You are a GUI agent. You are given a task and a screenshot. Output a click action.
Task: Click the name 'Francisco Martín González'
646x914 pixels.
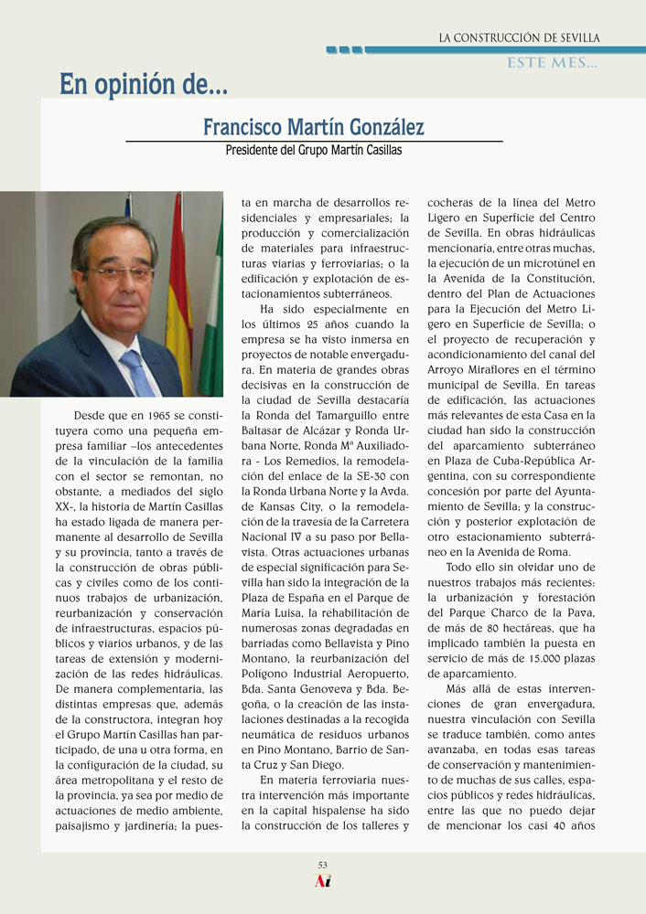pyautogui.click(x=314, y=126)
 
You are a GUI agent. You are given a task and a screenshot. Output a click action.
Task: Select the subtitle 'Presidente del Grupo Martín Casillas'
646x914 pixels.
pyautogui.click(x=314, y=150)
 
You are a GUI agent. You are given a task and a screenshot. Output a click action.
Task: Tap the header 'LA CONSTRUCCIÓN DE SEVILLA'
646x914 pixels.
pyautogui.click(x=519, y=37)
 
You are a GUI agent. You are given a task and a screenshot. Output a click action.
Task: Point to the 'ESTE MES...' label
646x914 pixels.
pyautogui.click(x=553, y=63)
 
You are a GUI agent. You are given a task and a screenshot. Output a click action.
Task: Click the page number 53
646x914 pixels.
pyautogui.click(x=323, y=865)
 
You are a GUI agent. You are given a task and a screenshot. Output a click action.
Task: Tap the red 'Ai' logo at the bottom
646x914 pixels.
pyautogui.click(x=322, y=881)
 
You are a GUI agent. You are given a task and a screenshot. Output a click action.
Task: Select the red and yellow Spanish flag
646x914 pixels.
pyautogui.click(x=178, y=302)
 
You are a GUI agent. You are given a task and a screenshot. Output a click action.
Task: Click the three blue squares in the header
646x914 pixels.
pyautogui.click(x=344, y=49)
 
